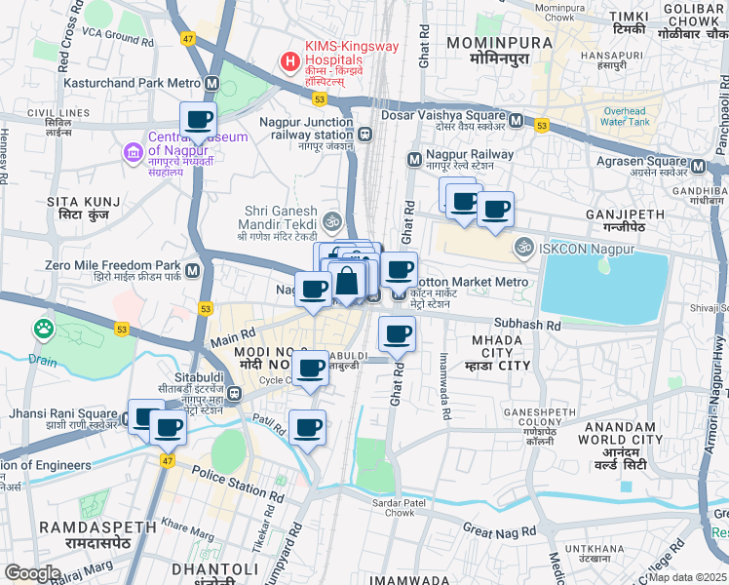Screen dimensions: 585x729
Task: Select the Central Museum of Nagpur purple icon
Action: click(132, 152)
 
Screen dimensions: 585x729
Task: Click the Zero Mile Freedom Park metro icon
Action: click(193, 269)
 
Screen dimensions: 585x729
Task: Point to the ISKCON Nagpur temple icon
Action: click(522, 248)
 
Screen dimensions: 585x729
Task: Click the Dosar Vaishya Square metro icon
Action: click(515, 121)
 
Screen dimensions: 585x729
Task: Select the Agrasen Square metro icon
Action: click(698, 163)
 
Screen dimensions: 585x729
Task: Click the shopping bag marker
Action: click(346, 283)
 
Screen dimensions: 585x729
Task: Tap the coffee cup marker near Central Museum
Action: click(199, 121)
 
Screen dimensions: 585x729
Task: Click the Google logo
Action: click(32, 572)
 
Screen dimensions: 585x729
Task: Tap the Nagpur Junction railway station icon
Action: click(364, 134)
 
